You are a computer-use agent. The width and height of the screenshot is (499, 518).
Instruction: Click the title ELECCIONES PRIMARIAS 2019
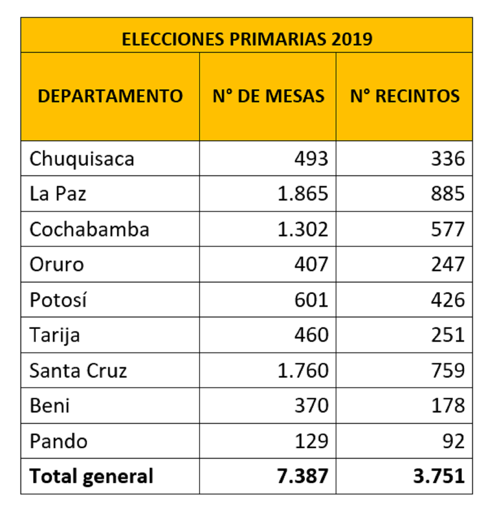coord(247,39)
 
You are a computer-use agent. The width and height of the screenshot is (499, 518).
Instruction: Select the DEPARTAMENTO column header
coord(110,96)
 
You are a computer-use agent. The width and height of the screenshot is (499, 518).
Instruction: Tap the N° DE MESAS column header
coord(268,96)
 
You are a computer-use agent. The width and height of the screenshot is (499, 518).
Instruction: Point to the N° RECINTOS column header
coord(405,96)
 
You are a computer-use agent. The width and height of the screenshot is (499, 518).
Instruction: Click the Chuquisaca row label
coord(82,159)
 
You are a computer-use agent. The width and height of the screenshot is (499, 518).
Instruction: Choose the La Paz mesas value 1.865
coord(303,194)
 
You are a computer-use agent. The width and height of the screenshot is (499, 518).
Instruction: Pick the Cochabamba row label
coord(89,229)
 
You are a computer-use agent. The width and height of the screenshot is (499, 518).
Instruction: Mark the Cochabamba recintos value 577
coord(447,229)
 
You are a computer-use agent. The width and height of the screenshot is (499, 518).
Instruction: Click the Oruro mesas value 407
coord(311,265)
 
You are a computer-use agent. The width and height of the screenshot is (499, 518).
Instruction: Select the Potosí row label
coord(58,300)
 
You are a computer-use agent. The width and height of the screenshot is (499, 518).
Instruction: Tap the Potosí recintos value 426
coord(447,300)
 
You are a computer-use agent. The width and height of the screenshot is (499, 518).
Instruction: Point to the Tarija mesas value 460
coord(311,335)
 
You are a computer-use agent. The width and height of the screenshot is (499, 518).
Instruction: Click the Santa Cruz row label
coord(78,370)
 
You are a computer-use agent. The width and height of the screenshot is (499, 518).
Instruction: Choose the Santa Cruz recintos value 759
coord(447,370)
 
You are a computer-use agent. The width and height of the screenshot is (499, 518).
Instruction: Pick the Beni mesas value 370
coord(311,406)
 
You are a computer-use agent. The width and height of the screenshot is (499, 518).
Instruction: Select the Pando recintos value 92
coord(453,441)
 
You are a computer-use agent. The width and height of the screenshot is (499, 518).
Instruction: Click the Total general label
coord(91,476)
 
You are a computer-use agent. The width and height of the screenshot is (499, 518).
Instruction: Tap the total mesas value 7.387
coord(302,476)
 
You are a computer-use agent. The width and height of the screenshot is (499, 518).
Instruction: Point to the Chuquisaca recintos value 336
coord(447,159)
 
